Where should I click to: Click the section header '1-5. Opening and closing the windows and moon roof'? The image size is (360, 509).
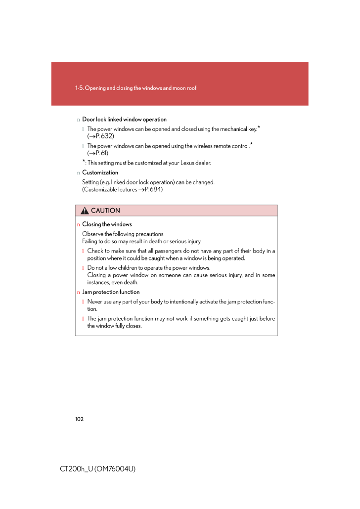(x=135, y=88)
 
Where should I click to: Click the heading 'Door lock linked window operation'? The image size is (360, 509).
(x=124, y=120)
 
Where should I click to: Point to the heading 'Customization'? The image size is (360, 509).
(x=100, y=172)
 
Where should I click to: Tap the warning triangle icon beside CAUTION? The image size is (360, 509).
(x=86, y=211)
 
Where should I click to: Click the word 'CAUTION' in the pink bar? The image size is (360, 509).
(x=105, y=211)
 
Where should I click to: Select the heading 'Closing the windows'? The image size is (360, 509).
(x=107, y=224)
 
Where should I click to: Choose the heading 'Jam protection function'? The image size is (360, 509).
(x=111, y=292)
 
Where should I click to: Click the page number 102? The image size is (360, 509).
(x=80, y=419)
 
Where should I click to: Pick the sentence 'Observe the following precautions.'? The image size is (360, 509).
(x=123, y=234)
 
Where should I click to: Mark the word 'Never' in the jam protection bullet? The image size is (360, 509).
(x=95, y=301)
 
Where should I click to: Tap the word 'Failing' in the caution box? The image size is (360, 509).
(x=90, y=241)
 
